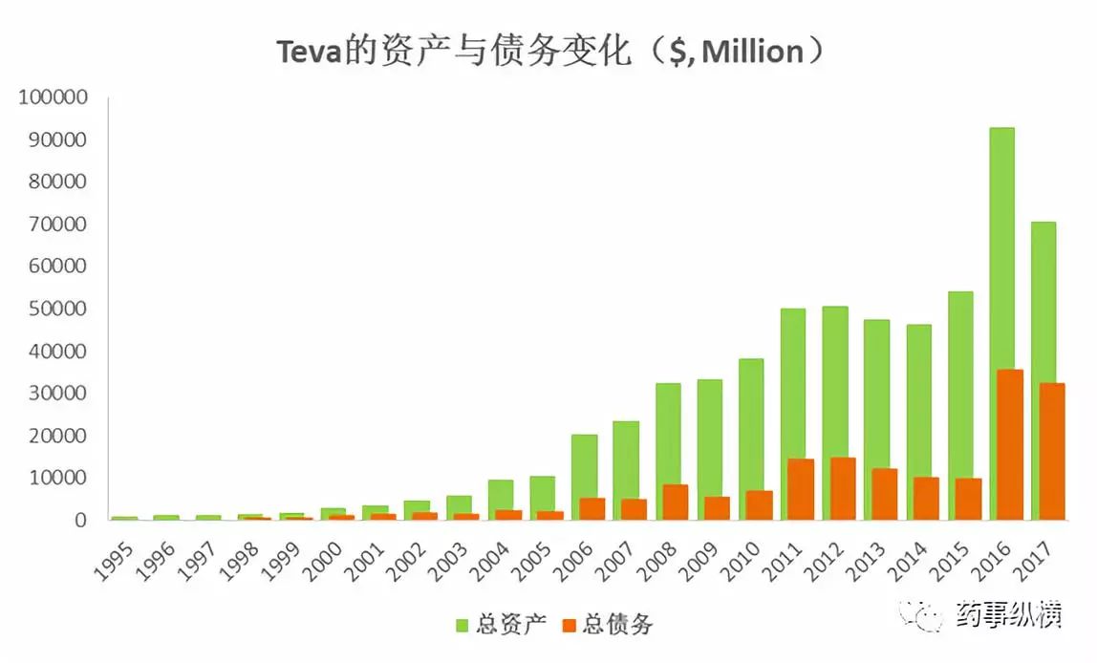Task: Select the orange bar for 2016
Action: click(1009, 444)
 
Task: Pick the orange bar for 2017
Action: click(1052, 451)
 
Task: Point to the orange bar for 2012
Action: click(843, 488)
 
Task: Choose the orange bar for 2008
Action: click(675, 502)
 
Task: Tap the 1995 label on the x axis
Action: click(114, 559)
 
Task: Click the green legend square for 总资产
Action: click(460, 626)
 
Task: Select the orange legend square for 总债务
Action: click(569, 626)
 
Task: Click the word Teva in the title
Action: click(308, 53)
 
